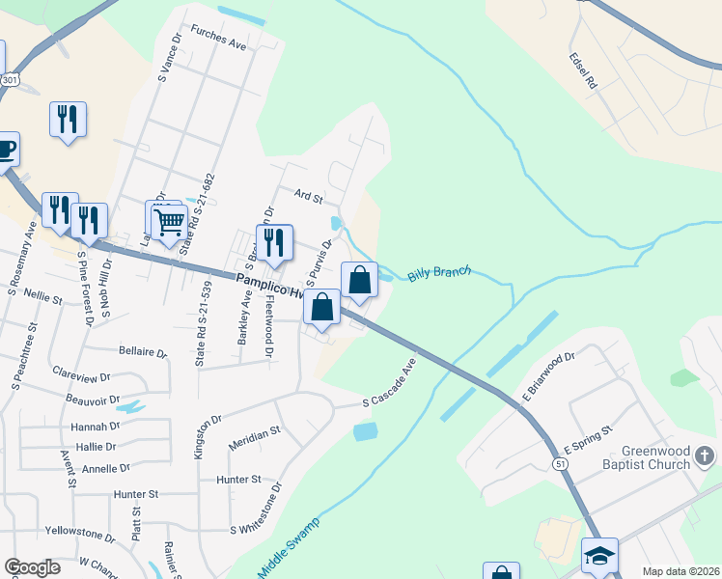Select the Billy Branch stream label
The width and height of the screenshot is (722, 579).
click(439, 273)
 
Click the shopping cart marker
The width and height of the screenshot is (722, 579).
click(170, 222)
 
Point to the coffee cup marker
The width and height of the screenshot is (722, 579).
click(5, 150)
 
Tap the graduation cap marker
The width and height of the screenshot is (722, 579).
click(599, 556)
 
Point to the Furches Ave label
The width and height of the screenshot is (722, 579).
click(219, 38)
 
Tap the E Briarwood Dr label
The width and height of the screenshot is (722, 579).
click(548, 377)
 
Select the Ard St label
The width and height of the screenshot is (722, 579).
click(308, 196)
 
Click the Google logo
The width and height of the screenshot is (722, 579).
click(33, 567)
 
